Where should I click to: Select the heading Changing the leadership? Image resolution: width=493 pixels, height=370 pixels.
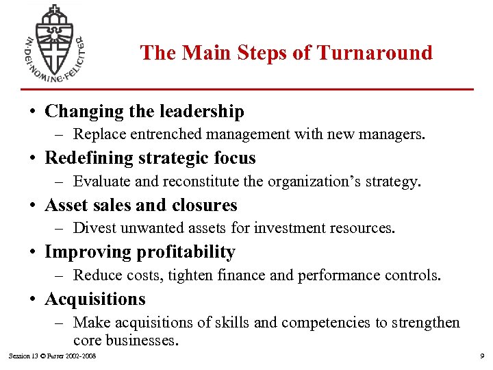coord(144,111)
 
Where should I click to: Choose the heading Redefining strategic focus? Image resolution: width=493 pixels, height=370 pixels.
coord(150,158)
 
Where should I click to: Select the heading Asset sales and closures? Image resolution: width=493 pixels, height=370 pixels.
coord(140,205)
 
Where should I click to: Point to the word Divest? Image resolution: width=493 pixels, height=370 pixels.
coord(92,228)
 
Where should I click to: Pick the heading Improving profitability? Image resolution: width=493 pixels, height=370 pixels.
coord(140,252)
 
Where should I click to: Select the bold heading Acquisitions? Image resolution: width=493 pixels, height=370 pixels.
coord(95,299)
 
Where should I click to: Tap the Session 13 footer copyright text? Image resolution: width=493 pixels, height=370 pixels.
coord(52,356)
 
